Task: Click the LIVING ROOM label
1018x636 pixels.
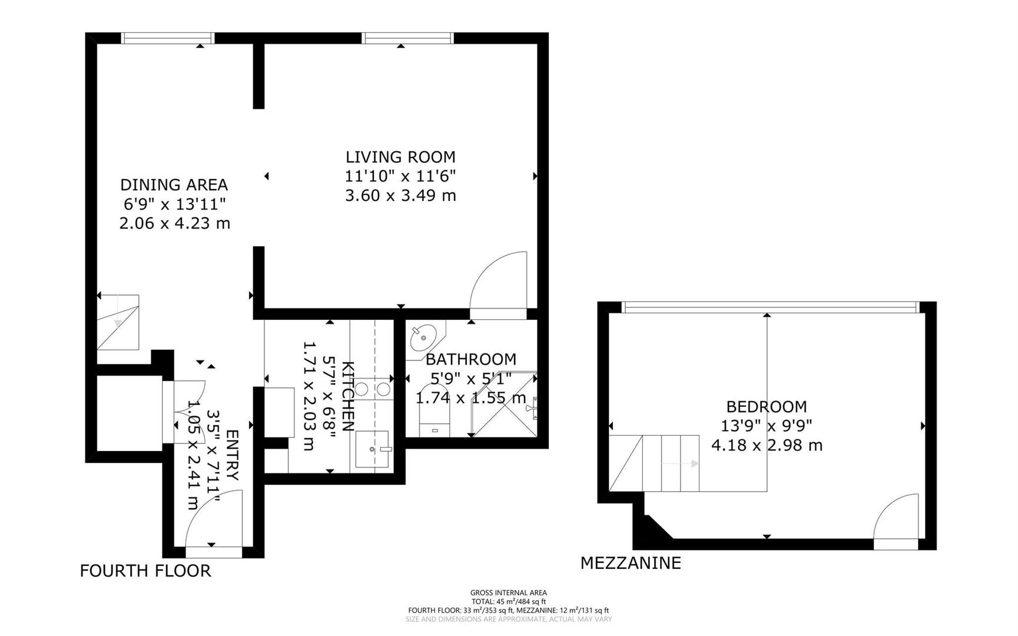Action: click(x=400, y=157)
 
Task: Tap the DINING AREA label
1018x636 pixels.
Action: click(x=174, y=185)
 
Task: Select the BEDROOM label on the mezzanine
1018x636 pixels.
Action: click(x=766, y=407)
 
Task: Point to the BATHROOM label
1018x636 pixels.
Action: click(x=471, y=359)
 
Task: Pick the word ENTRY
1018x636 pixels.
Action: click(x=231, y=455)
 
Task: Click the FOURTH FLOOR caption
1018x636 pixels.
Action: click(x=145, y=571)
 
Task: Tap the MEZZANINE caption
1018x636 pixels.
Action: click(x=631, y=563)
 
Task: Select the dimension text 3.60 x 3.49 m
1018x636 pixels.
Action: click(x=400, y=196)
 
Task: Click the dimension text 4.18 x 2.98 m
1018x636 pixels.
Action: click(x=767, y=445)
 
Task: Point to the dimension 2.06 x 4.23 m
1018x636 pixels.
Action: click(x=174, y=223)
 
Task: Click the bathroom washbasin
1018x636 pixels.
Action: click(x=424, y=337)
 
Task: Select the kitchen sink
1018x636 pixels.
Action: click(x=373, y=449)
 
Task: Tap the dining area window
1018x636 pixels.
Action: click(x=168, y=38)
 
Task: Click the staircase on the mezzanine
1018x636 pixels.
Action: click(x=654, y=463)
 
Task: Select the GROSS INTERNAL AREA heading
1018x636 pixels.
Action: click(x=508, y=593)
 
